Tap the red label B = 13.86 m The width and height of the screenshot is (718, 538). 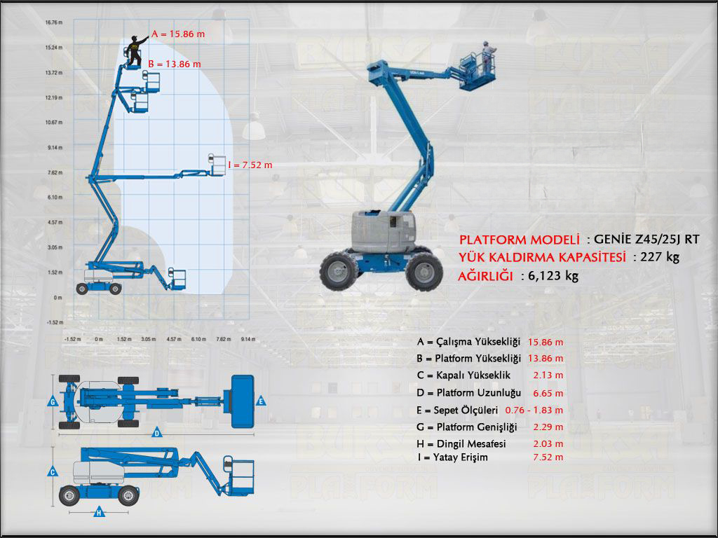(x=175, y=64)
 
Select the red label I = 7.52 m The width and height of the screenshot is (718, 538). (x=250, y=165)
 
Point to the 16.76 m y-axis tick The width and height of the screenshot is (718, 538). (x=54, y=22)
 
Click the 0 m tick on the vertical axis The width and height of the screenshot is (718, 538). (x=59, y=298)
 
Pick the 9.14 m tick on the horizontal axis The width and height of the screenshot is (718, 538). (x=248, y=339)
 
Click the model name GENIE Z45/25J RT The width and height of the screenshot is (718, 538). (x=646, y=240)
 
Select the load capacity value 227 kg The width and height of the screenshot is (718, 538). (x=661, y=257)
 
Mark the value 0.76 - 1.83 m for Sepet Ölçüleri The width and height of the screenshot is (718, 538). (x=534, y=410)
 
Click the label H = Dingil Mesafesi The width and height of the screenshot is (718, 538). (x=461, y=443)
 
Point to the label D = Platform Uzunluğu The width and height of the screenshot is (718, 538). (x=468, y=392)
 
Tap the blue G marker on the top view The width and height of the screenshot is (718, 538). (x=53, y=402)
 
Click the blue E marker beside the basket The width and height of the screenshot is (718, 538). (x=261, y=401)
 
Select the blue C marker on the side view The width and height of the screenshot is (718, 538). (x=53, y=472)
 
